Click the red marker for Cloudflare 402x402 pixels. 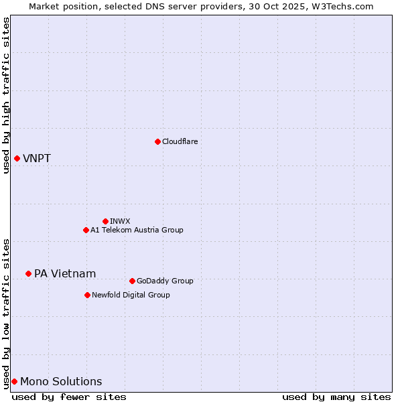tap(157, 141)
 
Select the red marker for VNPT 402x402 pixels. tap(17, 158)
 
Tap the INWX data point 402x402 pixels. tap(105, 221)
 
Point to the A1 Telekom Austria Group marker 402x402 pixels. tap(86, 230)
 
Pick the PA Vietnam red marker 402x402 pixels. tap(28, 273)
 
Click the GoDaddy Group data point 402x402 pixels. tap(132, 281)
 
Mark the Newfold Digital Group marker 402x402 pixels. tap(87, 295)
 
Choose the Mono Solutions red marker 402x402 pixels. tap(14, 381)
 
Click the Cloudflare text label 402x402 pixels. tap(180, 141)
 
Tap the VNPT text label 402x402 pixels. tap(37, 159)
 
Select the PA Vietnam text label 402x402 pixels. tap(65, 273)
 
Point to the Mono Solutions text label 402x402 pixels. tap(61, 382)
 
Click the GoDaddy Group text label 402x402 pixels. tap(165, 281)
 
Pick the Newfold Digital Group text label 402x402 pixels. tap(131, 295)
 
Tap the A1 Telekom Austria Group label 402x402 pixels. tap(137, 230)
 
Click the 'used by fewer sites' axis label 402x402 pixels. tap(69, 397)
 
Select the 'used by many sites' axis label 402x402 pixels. tap(336, 397)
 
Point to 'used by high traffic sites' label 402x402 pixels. tap(6, 95)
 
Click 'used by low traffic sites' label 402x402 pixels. tap(6, 313)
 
